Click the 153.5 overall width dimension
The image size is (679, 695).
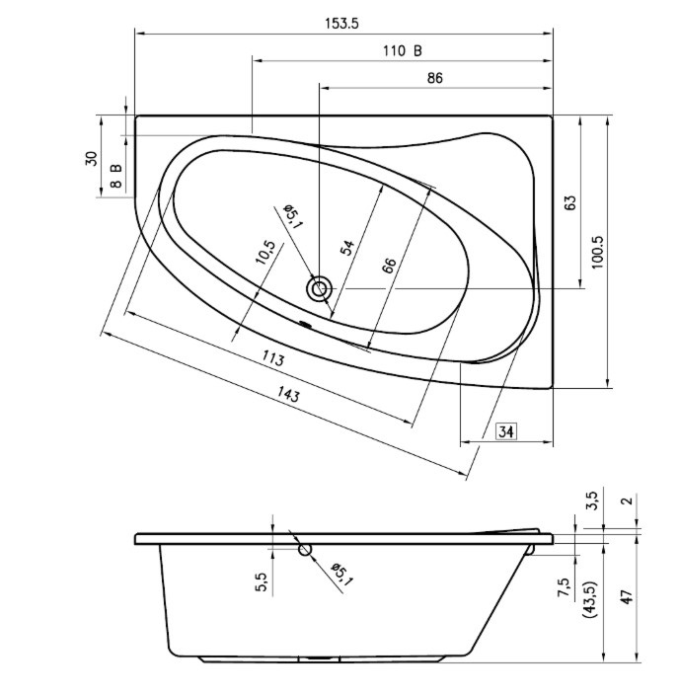click(341, 23)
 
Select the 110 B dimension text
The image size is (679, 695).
click(403, 51)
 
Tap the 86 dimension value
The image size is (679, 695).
click(435, 78)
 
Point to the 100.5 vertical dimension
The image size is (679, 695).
click(597, 252)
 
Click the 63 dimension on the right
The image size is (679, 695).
click(571, 202)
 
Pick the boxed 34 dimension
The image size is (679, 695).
click(506, 430)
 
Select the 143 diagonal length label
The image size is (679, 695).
click(288, 394)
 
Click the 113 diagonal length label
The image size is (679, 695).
click(272, 358)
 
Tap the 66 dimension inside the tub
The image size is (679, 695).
click(389, 266)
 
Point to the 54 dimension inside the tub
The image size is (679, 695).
click(347, 248)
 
